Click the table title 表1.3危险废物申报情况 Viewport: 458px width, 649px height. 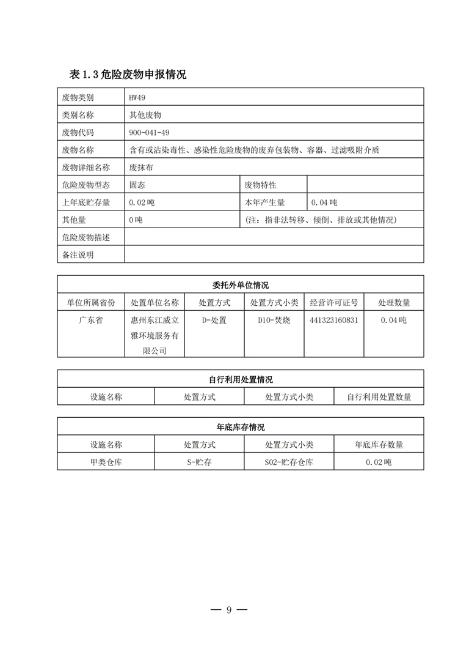tap(128, 75)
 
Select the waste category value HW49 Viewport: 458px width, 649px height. tap(137, 97)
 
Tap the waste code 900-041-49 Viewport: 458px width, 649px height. tap(150, 132)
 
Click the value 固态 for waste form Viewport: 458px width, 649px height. tap(137, 185)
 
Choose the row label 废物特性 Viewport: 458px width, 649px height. tap(261, 185)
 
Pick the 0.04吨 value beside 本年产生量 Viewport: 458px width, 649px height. tap(324, 202)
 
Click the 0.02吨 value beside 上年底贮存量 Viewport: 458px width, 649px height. tap(142, 202)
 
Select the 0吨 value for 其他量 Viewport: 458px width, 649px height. tap(136, 220)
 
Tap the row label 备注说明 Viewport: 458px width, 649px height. tap(78, 254)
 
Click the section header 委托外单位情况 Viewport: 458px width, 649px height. tap(241, 285)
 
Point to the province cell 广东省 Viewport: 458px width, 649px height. tap(91, 320)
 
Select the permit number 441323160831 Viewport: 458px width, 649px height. tap(334, 320)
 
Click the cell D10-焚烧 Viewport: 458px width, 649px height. tap(274, 320)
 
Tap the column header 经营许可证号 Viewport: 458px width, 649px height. tap(334, 302)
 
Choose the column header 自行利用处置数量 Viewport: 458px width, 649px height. tap(379, 396)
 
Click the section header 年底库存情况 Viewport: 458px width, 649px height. tap(241, 427)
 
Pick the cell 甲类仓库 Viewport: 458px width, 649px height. tap(106, 462)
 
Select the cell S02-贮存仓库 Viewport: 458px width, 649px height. tap(289, 462)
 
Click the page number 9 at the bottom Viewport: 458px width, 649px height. tap(229, 609)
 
